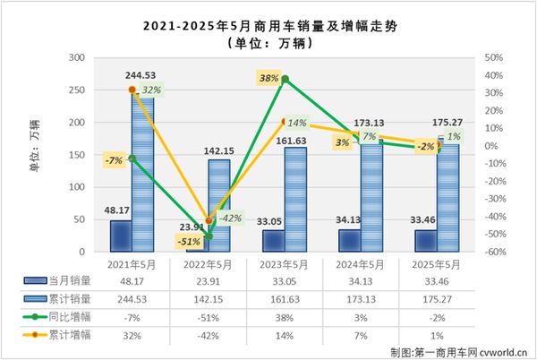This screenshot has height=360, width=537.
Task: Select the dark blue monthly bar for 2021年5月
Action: [x=121, y=236]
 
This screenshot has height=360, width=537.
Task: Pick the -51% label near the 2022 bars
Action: [x=187, y=241]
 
